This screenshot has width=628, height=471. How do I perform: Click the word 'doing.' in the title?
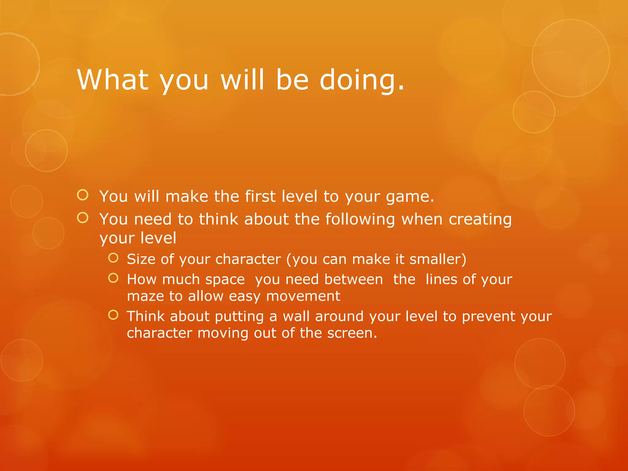pos(362,80)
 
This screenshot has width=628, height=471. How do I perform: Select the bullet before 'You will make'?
pos(83,195)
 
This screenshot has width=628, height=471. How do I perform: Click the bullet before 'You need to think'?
pos(83,218)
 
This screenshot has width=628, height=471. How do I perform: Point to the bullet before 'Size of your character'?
pos(113,258)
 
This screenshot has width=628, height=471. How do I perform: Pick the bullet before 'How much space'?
pos(113,278)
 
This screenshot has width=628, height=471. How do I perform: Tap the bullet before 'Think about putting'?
pos(113,315)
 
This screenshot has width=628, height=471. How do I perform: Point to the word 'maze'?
pos(145,297)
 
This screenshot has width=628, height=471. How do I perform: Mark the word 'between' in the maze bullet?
pos(354,280)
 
